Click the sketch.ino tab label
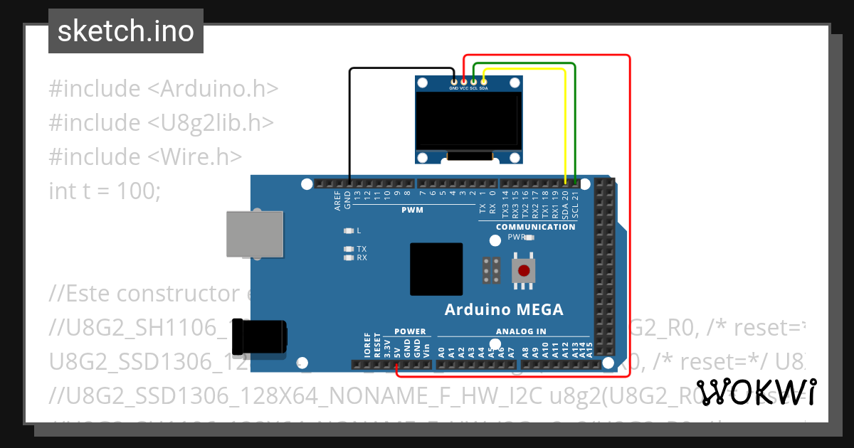[125, 31]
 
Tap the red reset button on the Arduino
[524, 271]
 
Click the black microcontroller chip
[436, 269]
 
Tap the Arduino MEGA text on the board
[503, 309]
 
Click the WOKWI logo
[757, 392]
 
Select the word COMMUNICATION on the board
[535, 227]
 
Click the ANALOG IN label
[521, 331]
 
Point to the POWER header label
[410, 331]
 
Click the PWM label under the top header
[412, 210]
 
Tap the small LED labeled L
[348, 231]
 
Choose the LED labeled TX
[348, 249]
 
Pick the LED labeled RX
[348, 258]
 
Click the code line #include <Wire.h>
[145, 156]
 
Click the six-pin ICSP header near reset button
[490, 270]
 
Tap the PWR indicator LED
[529, 238]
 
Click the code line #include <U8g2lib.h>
[161, 122]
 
